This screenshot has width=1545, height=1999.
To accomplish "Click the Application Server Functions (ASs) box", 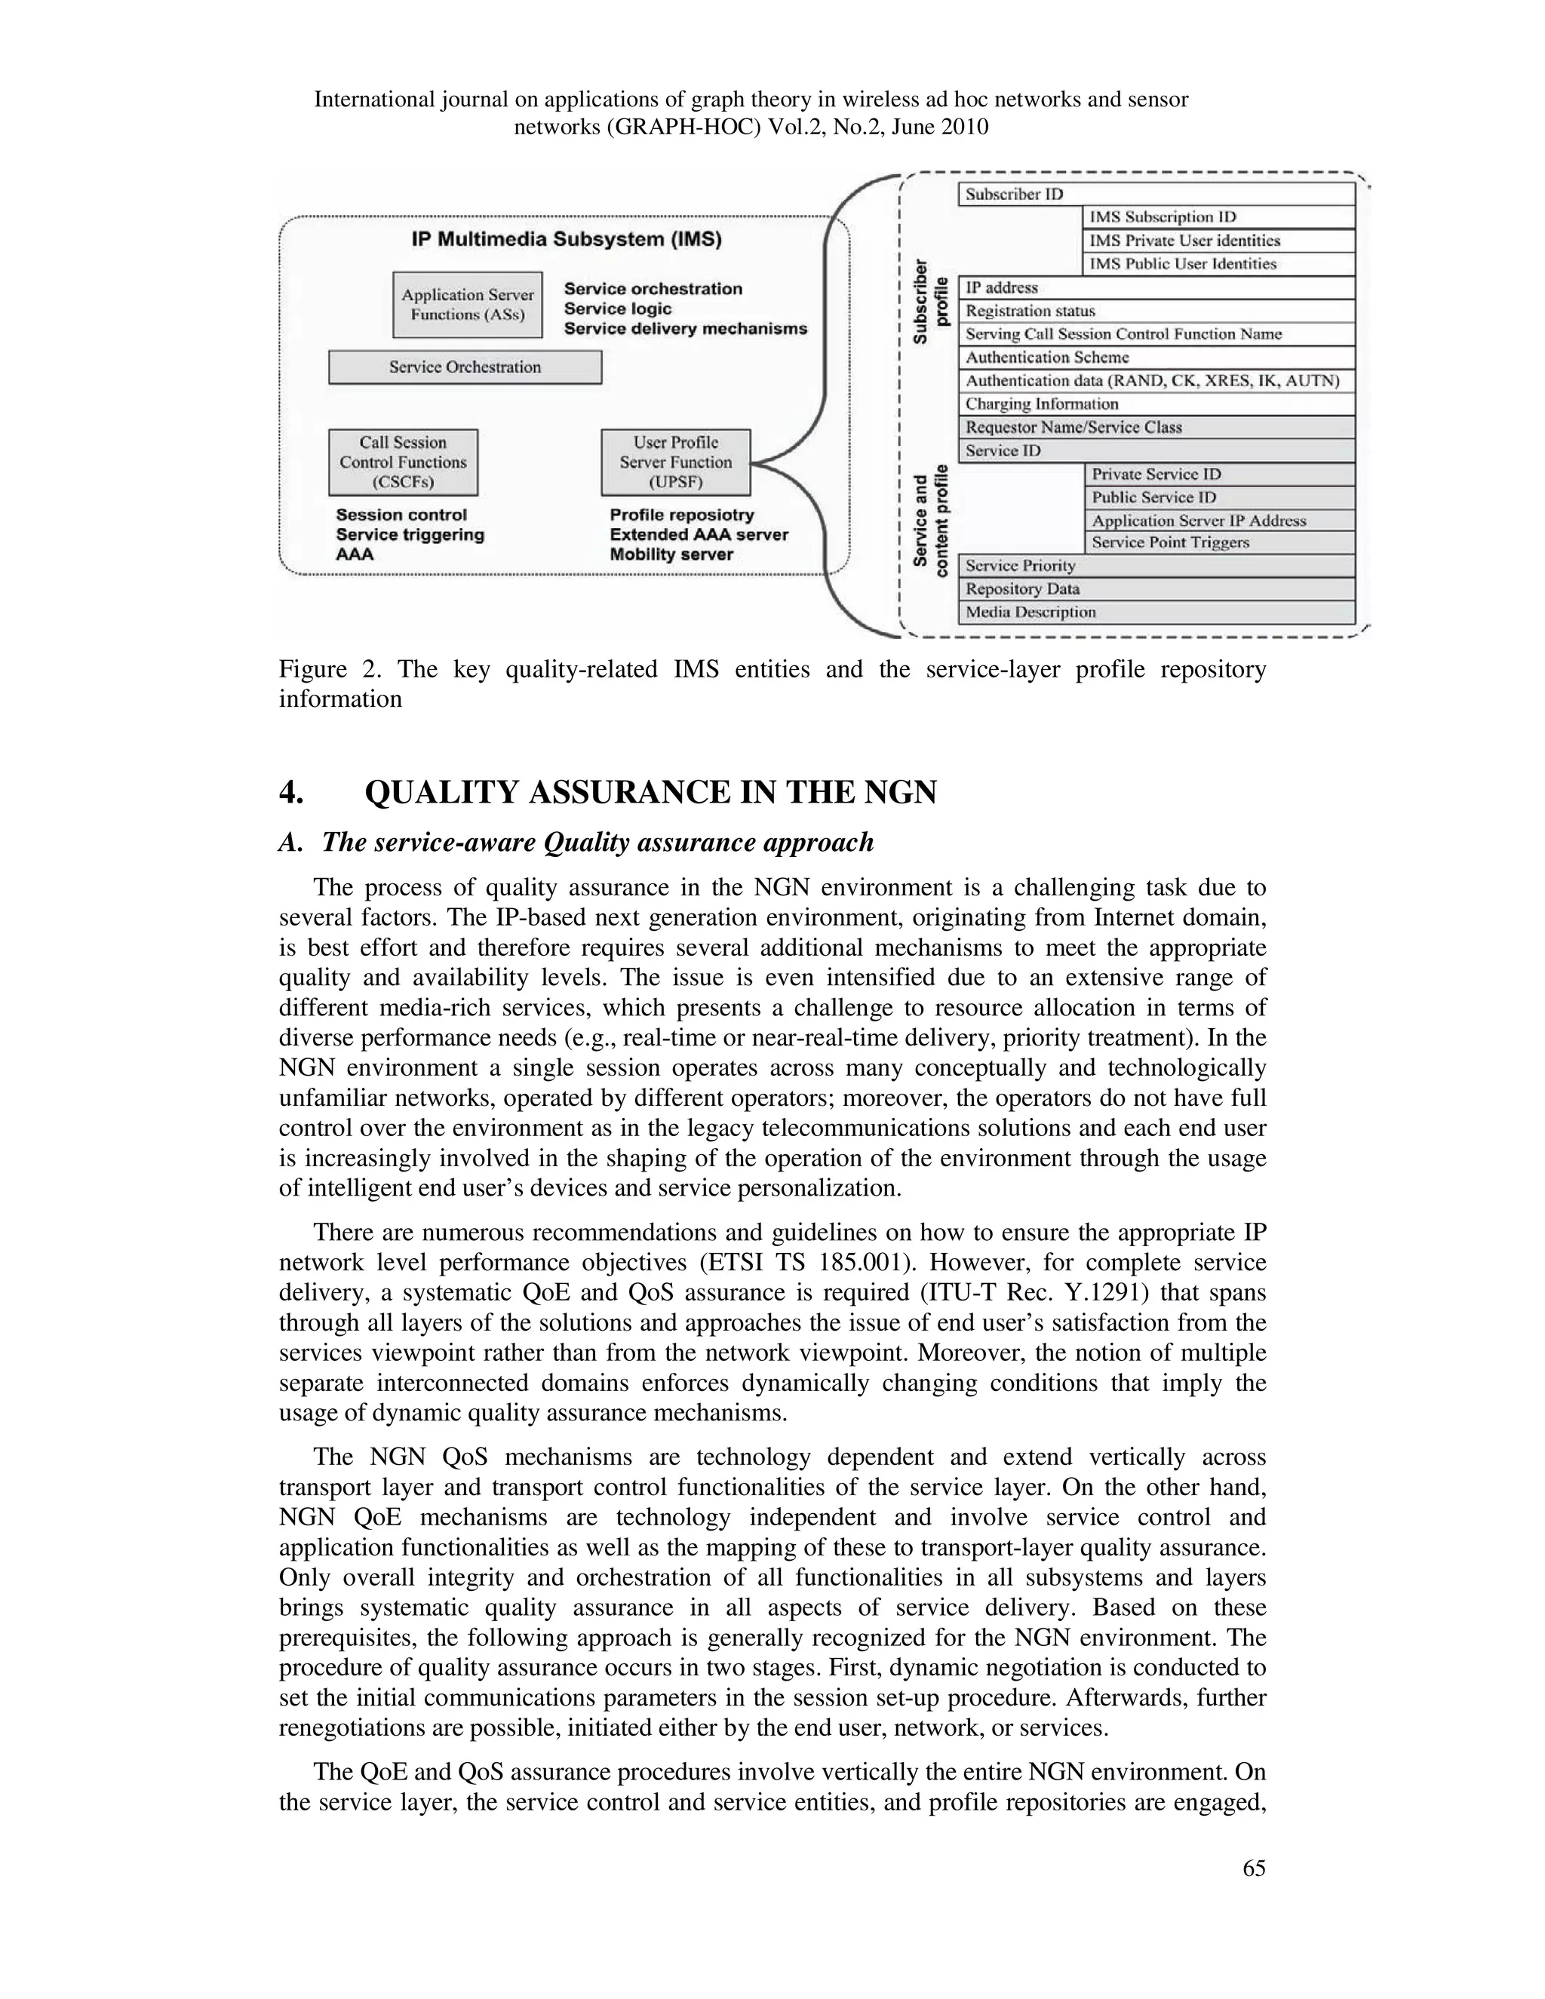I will click(467, 305).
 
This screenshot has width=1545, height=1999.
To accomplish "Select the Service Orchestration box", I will click(465, 367).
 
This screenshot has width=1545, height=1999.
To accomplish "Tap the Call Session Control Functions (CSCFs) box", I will click(403, 462).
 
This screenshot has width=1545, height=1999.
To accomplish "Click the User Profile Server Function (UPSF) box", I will click(675, 462).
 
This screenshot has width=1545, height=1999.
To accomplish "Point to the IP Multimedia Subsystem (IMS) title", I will click(566, 240).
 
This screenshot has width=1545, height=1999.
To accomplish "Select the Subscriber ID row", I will click(1156, 194).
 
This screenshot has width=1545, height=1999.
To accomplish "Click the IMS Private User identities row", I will click(1218, 241).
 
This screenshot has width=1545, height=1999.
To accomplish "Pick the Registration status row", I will click(1156, 312).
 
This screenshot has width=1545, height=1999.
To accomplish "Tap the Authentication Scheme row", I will click(1156, 358).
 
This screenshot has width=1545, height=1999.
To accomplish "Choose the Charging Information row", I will click(1156, 404).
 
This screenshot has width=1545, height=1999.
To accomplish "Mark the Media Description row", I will click(1156, 613).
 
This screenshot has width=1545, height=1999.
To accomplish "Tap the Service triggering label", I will click(410, 535).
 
